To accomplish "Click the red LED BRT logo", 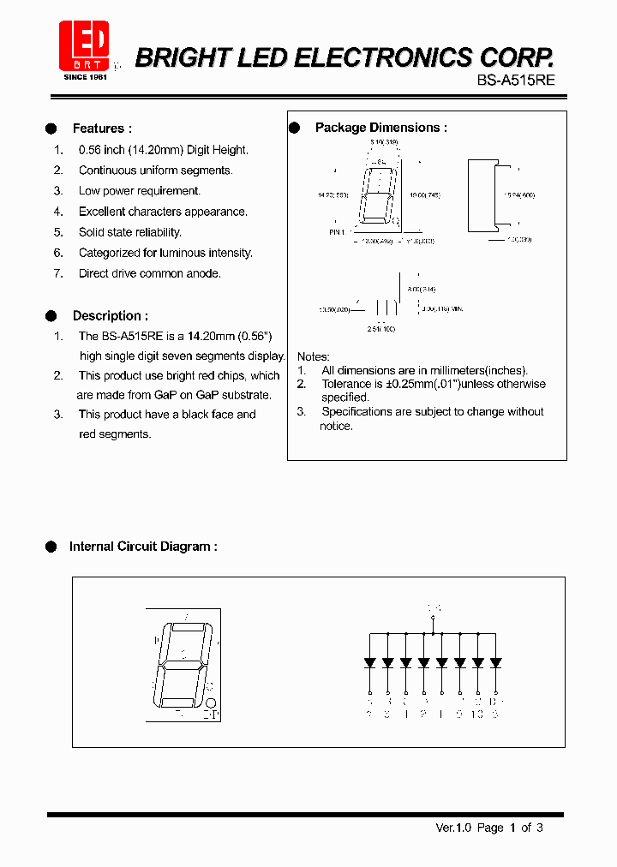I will (84, 45).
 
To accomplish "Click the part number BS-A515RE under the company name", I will (517, 80).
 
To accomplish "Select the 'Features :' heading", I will (102, 129).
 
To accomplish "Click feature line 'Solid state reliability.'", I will (130, 232).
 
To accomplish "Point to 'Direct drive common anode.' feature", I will (150, 273).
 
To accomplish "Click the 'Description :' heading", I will (110, 315).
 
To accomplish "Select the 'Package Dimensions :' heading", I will (380, 128).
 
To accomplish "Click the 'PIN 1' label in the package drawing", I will (337, 231).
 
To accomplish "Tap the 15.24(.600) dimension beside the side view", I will (518, 195).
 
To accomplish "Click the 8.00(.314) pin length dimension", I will (421, 290).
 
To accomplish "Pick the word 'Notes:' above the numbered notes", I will (314, 356).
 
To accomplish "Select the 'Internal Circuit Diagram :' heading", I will (143, 546).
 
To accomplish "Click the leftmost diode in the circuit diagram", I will (369, 662).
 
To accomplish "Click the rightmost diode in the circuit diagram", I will (494, 662).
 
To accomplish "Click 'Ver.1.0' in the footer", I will (453, 828).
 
